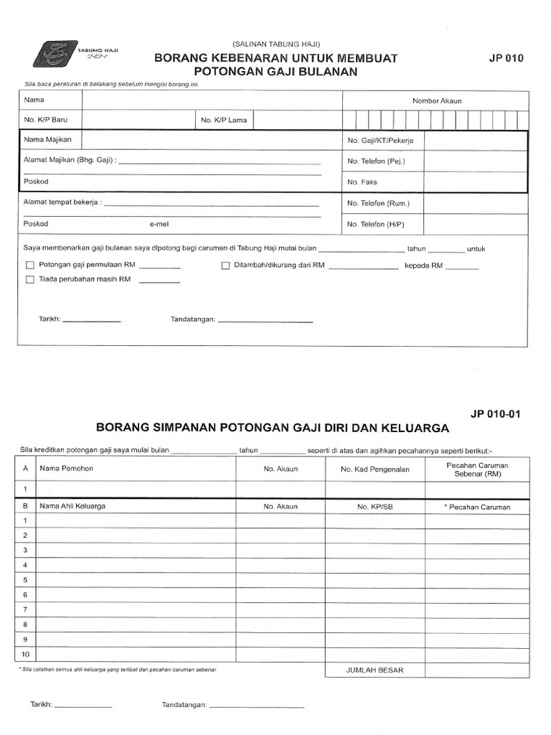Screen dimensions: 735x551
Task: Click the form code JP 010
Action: [507, 59]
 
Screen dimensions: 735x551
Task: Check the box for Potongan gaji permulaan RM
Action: [30, 265]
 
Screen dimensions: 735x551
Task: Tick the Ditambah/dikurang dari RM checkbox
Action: [225, 265]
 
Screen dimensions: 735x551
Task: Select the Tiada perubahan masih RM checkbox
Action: [30, 280]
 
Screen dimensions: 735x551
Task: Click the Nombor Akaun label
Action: [436, 100]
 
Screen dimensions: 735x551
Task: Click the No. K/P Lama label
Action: [223, 120]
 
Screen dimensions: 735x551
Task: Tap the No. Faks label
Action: [362, 182]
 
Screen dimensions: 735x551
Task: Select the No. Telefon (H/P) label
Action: [375, 225]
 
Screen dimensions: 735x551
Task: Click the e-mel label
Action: [159, 224]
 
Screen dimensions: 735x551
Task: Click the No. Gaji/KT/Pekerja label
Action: [380, 141]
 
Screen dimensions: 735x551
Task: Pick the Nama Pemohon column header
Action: [67, 469]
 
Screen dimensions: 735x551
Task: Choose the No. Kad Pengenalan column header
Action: [375, 469]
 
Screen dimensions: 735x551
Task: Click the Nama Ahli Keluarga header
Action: [72, 506]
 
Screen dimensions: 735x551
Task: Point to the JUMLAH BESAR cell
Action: [375, 670]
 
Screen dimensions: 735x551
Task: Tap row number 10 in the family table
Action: [25, 654]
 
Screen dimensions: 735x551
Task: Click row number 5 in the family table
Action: [25, 580]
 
